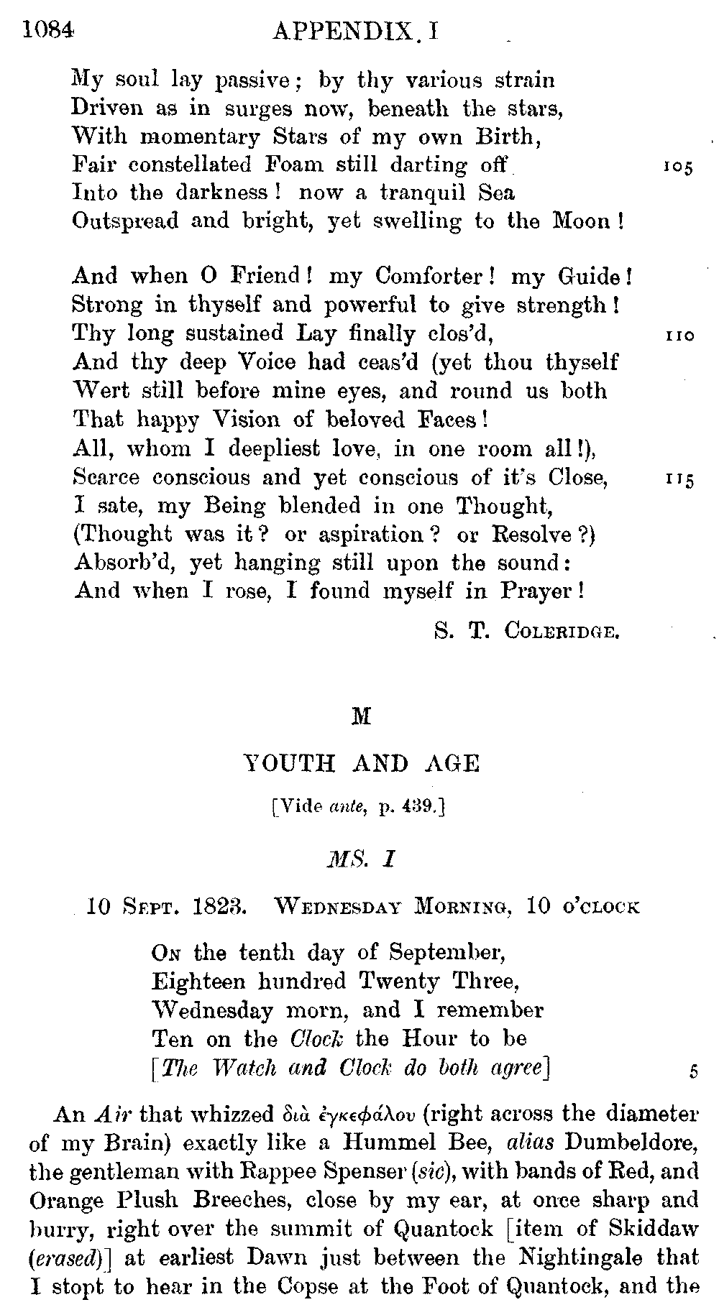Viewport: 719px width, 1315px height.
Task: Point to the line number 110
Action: [677, 336]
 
